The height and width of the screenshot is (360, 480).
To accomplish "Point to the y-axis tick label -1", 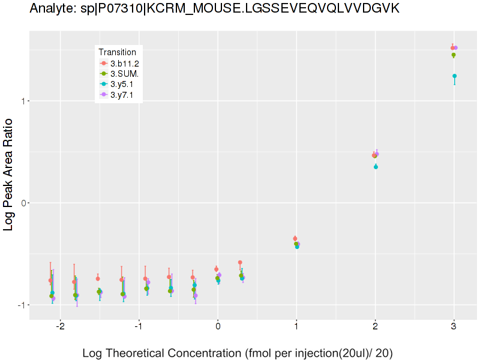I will (x=21, y=305).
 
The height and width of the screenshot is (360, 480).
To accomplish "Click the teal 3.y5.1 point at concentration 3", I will (x=454, y=76).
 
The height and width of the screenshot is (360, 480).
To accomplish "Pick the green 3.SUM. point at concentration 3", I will (x=454, y=55).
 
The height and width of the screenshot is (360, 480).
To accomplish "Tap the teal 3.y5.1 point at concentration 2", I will (x=376, y=167).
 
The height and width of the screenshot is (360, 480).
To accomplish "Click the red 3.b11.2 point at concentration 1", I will (x=295, y=239).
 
